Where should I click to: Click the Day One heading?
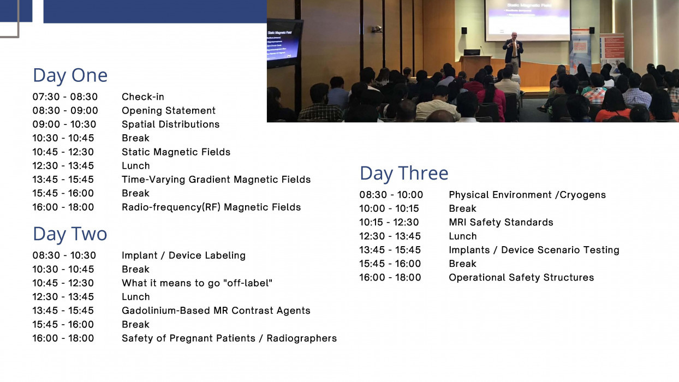[70, 75]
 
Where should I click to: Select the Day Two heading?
[70, 234]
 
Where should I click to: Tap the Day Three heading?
[404, 174]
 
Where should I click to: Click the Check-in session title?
[142, 97]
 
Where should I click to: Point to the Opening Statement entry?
[168, 111]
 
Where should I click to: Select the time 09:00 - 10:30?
[64, 124]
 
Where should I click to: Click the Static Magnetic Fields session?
[176, 152]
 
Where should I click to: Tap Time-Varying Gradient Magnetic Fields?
[216, 180]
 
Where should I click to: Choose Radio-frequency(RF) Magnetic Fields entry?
[211, 207]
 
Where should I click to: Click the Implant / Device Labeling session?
[183, 255]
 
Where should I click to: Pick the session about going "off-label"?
[196, 283]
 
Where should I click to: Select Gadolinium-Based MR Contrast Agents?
[216, 311]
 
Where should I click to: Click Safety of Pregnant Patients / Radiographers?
[229, 338]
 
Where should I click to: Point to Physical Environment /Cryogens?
[527, 195]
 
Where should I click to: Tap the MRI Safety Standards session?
[501, 222]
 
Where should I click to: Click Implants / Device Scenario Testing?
[534, 250]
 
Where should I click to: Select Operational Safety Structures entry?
[521, 277]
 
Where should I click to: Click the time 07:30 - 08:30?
[64, 97]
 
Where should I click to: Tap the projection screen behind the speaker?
[527, 19]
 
